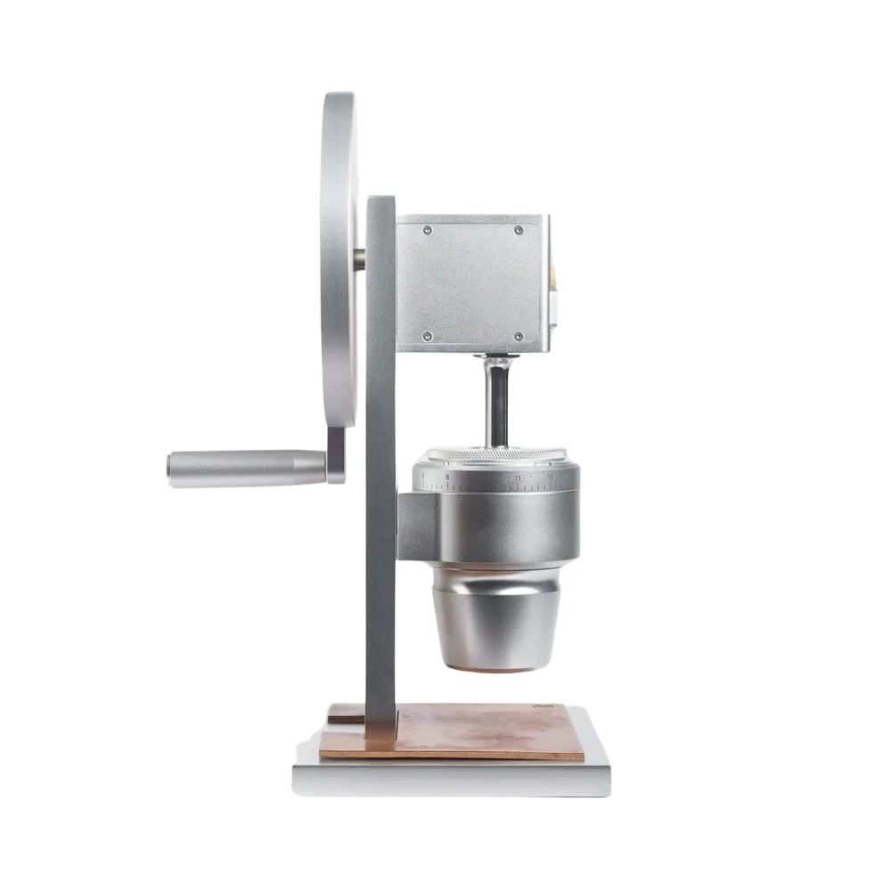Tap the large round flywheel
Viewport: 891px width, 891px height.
[x=339, y=258]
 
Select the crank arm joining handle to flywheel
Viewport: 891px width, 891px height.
[x=336, y=454]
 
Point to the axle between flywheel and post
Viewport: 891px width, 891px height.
[x=358, y=259]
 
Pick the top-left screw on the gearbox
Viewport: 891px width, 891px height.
[x=427, y=230]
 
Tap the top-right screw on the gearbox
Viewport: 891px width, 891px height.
[x=519, y=230]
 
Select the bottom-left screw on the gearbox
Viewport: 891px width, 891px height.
[x=427, y=336]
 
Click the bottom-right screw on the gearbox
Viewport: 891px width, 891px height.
[x=519, y=336]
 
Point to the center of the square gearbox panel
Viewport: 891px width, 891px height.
[x=471, y=283]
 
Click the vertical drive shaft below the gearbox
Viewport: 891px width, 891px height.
[x=497, y=401]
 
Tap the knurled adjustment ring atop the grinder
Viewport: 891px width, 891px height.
[x=495, y=456]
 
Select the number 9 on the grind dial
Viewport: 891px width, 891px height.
[x=447, y=478]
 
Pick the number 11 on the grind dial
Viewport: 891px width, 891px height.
[x=518, y=479]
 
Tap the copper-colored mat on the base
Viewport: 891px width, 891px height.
[x=481, y=731]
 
